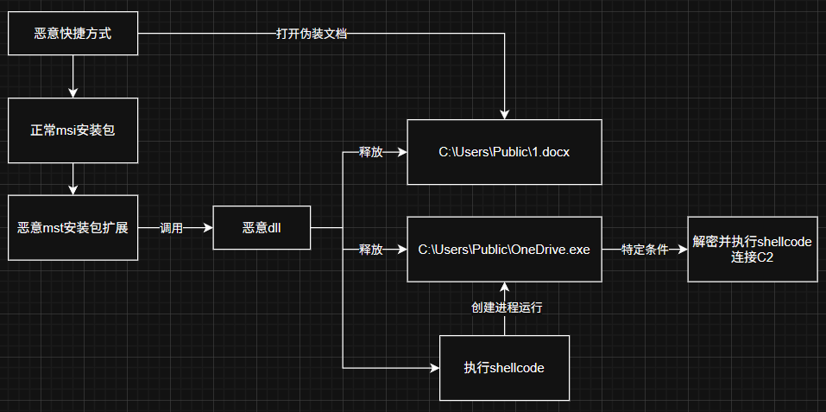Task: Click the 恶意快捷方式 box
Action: (73, 35)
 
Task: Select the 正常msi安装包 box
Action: (73, 130)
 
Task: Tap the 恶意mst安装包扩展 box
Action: (73, 228)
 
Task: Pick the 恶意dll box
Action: (262, 228)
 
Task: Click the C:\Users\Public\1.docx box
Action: (505, 152)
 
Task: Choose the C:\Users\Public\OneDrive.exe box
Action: (505, 250)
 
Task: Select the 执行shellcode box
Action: (505, 368)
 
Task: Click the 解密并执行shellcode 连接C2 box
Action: (752, 250)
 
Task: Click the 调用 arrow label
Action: (172, 228)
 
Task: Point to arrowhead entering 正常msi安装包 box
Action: (73, 92)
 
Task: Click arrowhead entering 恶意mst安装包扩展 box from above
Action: (73, 190)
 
